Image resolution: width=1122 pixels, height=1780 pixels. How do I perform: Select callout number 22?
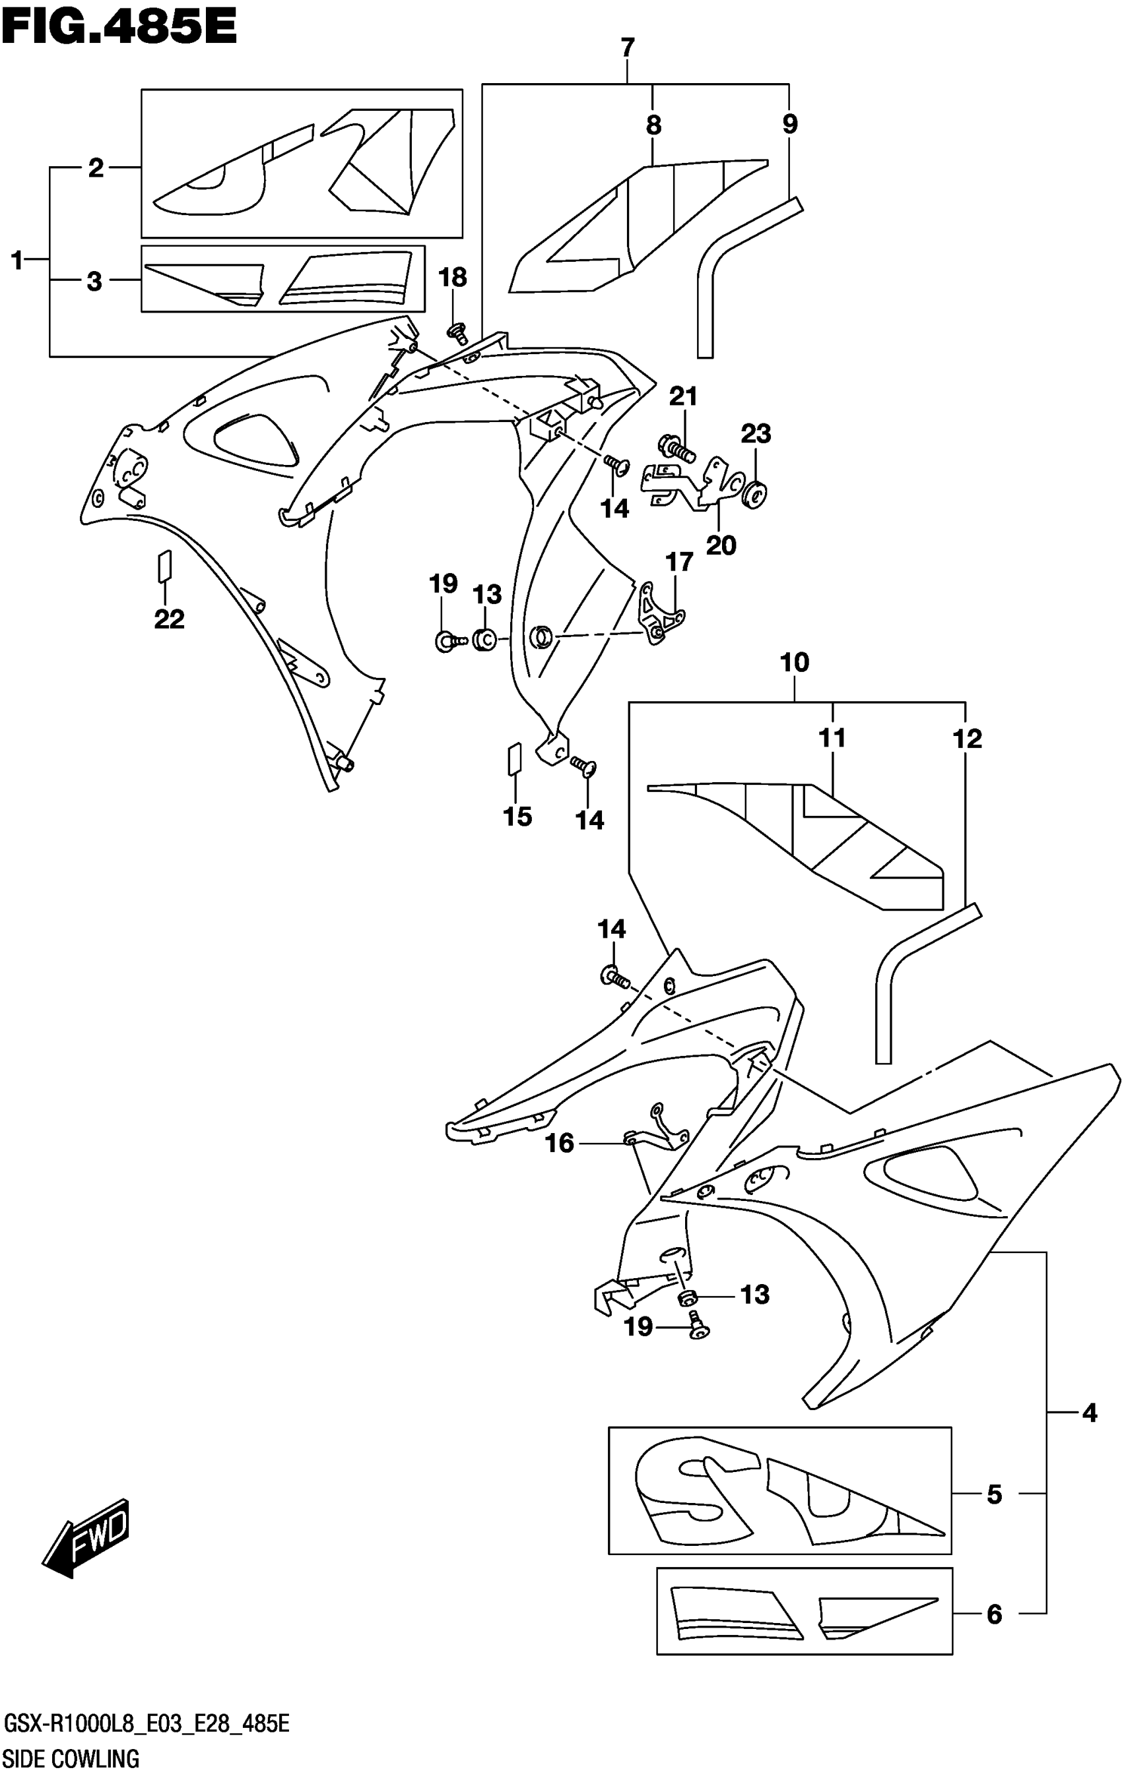click(x=169, y=619)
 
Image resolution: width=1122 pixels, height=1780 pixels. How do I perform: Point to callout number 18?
click(x=453, y=277)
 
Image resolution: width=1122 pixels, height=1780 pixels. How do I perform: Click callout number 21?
click(x=682, y=396)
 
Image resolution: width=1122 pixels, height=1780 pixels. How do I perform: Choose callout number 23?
click(x=755, y=433)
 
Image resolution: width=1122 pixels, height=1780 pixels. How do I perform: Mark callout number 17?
click(x=679, y=562)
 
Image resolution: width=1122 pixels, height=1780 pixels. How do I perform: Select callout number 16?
click(x=559, y=1143)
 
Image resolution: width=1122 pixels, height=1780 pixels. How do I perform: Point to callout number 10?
click(x=795, y=662)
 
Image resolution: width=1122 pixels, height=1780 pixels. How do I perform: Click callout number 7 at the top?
click(x=627, y=49)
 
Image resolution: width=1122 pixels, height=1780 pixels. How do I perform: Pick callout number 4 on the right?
click(x=1089, y=1413)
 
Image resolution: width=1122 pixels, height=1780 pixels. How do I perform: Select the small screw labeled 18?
click(x=457, y=334)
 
